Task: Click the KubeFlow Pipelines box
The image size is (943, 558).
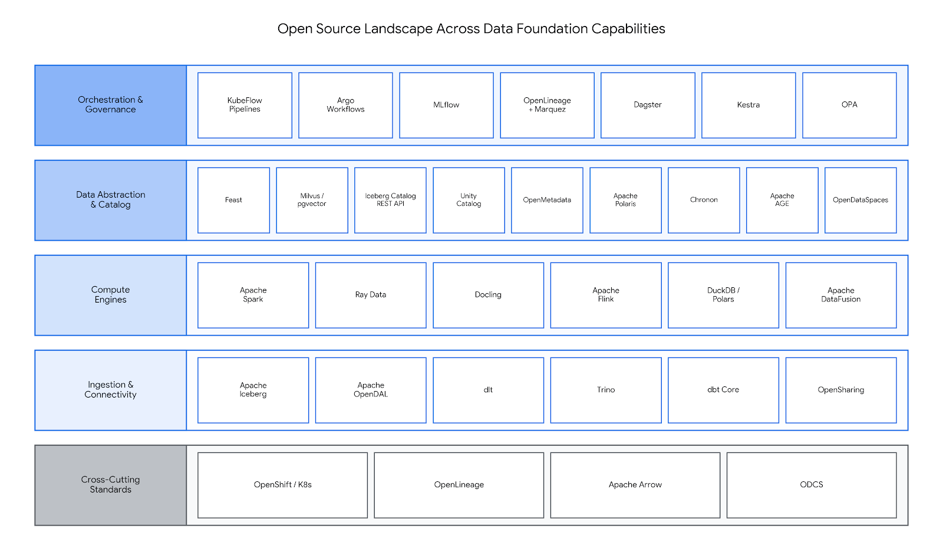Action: pos(245,105)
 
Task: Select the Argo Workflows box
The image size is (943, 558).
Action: pos(345,105)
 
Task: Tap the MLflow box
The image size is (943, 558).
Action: pos(446,105)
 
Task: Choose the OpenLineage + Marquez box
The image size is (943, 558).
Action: pos(548,105)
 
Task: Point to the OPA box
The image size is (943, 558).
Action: pos(849,105)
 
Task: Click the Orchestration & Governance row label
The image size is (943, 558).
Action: pos(111,105)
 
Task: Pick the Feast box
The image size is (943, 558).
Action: pos(233,200)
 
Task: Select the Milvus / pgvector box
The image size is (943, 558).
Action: pos(312,200)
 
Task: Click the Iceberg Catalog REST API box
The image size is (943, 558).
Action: pos(390,200)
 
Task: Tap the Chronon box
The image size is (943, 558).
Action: pos(704,200)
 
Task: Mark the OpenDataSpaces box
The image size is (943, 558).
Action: pos(860,200)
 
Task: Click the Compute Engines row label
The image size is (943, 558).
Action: pos(111,295)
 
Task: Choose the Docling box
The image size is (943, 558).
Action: pos(489,295)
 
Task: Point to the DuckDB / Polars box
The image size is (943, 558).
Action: pos(723,295)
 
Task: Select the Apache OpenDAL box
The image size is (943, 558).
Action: pos(371,390)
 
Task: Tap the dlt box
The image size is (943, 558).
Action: pos(489,390)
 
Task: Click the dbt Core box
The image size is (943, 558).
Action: pos(723,390)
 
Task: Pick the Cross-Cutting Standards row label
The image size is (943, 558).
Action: pos(111,485)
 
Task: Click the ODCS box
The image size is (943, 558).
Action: pos(812,485)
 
